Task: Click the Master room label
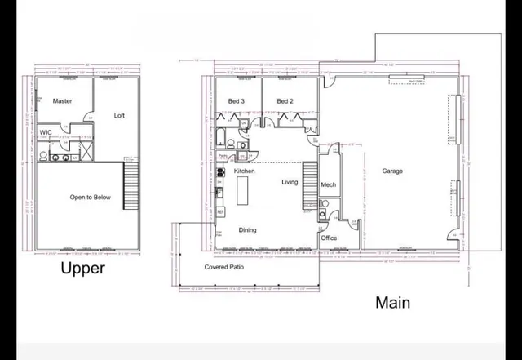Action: tap(62, 101)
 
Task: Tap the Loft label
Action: tap(119, 115)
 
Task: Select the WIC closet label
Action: tap(46, 132)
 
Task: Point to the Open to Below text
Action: tap(90, 197)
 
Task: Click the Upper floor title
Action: tap(83, 268)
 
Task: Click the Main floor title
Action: tap(392, 302)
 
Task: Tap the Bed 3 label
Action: tap(237, 101)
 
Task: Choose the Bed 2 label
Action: tap(285, 101)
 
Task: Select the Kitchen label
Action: tap(245, 171)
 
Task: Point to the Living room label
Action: tap(290, 182)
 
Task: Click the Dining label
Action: tap(247, 230)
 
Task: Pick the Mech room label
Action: tap(328, 185)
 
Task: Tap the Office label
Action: tap(329, 238)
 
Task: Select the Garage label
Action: tap(392, 171)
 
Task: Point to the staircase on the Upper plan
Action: tap(130, 185)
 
